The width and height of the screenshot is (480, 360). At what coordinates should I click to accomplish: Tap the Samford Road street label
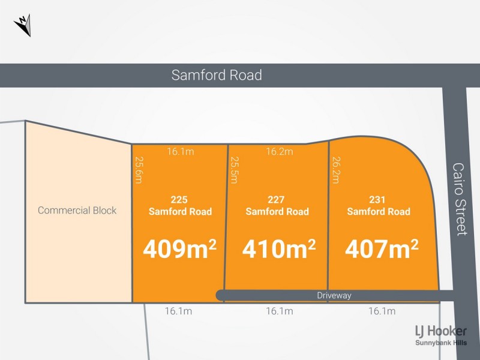[x=217, y=75]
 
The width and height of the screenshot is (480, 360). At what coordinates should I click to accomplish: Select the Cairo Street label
[x=460, y=199]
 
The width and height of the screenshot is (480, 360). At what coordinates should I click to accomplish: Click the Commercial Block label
[x=77, y=211]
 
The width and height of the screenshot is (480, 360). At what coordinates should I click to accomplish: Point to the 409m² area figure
[x=179, y=249]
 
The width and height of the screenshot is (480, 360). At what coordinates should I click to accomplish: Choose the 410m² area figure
[x=279, y=249]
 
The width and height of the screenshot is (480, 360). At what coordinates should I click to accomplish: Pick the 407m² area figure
[x=381, y=249]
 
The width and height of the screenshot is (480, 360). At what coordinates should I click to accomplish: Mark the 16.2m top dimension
[x=280, y=152]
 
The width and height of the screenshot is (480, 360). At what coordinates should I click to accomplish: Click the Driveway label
[x=335, y=295]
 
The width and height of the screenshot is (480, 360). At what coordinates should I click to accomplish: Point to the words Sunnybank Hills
[x=441, y=343]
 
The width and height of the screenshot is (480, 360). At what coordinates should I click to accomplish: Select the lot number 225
[x=180, y=200]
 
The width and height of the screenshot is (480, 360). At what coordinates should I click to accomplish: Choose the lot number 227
[x=277, y=200]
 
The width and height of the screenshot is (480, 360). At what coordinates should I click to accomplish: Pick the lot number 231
[x=379, y=200]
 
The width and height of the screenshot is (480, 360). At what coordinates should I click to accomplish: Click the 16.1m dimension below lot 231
[x=382, y=311]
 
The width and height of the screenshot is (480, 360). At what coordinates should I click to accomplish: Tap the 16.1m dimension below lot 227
[x=280, y=311]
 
